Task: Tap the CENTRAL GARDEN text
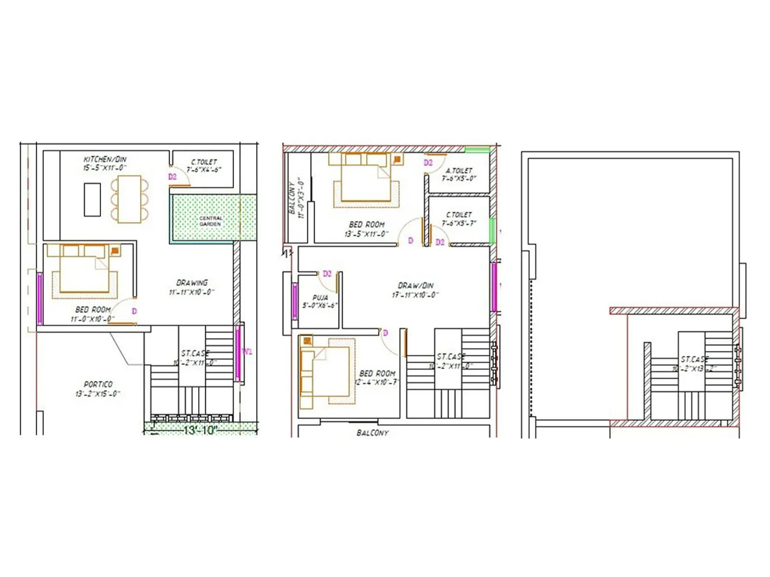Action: pos(210,221)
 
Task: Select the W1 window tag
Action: pos(247,351)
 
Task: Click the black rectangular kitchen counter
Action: pos(92,200)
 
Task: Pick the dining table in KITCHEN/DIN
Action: pos(129,199)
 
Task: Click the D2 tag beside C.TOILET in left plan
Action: pos(172,177)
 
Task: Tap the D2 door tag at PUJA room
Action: pos(327,274)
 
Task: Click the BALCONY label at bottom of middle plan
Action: pos(372,433)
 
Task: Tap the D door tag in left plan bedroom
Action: pos(134,312)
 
